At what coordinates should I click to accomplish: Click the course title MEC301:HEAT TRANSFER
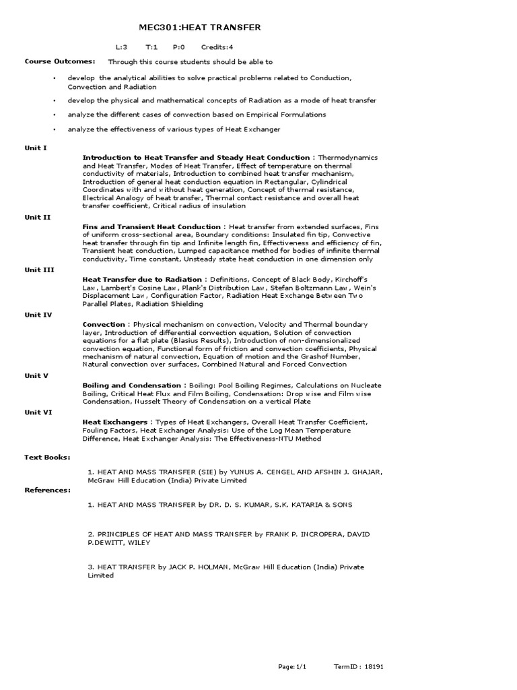click(x=199, y=27)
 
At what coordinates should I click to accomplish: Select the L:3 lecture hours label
click(x=122, y=48)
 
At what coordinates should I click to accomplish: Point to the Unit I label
click(x=36, y=148)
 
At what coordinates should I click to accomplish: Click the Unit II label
click(x=37, y=218)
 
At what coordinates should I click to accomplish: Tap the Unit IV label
click(x=38, y=315)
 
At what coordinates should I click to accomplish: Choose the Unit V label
click(x=37, y=375)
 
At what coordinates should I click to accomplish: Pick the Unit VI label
click(x=38, y=412)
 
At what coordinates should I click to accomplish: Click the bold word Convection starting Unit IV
click(x=104, y=324)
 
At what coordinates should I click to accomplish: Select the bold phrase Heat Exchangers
click(x=114, y=422)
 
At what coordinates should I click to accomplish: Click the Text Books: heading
click(x=47, y=457)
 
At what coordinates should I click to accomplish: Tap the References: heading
click(x=47, y=490)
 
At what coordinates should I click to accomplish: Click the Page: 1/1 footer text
click(x=292, y=666)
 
